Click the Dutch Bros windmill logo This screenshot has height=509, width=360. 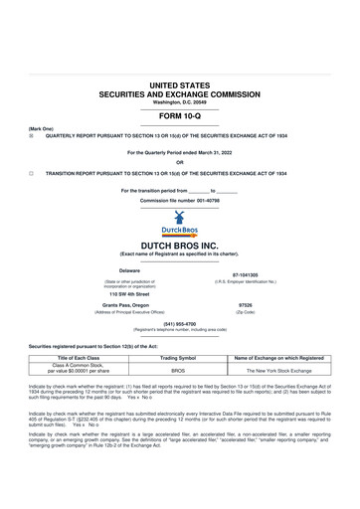(x=180, y=221)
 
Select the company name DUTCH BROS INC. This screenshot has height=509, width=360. (x=180, y=244)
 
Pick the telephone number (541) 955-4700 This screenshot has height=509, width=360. (x=180, y=323)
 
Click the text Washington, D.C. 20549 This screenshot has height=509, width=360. (x=180, y=102)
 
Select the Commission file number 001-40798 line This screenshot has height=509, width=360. (x=180, y=200)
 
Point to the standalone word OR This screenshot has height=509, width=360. (x=180, y=162)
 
